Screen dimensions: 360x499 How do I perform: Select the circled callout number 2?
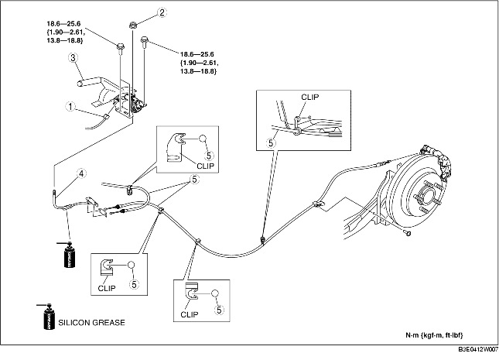162,12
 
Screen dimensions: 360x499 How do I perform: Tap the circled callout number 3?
71,57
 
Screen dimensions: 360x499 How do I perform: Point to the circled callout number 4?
81,173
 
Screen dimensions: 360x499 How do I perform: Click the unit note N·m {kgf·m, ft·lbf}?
441,335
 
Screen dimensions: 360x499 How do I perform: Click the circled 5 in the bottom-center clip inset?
220,310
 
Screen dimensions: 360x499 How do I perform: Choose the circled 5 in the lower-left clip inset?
133,285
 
